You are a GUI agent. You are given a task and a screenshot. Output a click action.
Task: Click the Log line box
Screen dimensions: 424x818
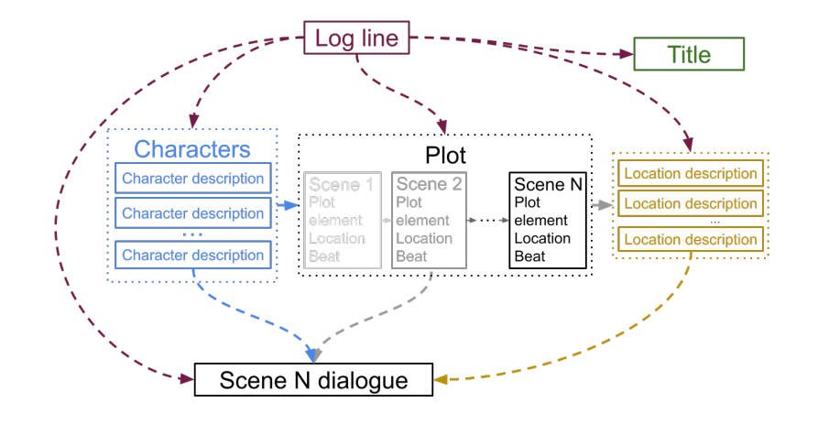pos(358,38)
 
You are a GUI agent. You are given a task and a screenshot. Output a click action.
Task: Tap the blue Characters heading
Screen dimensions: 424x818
pos(192,149)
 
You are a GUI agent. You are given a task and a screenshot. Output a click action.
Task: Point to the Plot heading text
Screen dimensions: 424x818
pos(446,153)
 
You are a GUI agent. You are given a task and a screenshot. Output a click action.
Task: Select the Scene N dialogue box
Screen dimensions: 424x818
pos(313,379)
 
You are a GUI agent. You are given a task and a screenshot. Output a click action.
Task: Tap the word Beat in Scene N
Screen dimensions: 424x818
pos(529,255)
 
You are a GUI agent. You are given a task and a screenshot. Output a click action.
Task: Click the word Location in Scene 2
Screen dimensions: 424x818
pos(423,238)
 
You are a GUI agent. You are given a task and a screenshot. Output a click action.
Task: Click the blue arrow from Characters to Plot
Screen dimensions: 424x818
pos(287,205)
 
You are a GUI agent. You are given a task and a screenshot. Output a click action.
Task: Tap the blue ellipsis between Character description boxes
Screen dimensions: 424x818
pos(192,234)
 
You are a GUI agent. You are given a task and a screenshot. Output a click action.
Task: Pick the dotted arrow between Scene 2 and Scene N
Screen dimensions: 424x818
pos(486,221)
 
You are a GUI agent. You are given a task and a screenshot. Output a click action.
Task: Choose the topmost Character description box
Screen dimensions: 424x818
pos(192,178)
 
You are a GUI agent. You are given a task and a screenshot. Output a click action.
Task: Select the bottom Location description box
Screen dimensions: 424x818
pos(691,240)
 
